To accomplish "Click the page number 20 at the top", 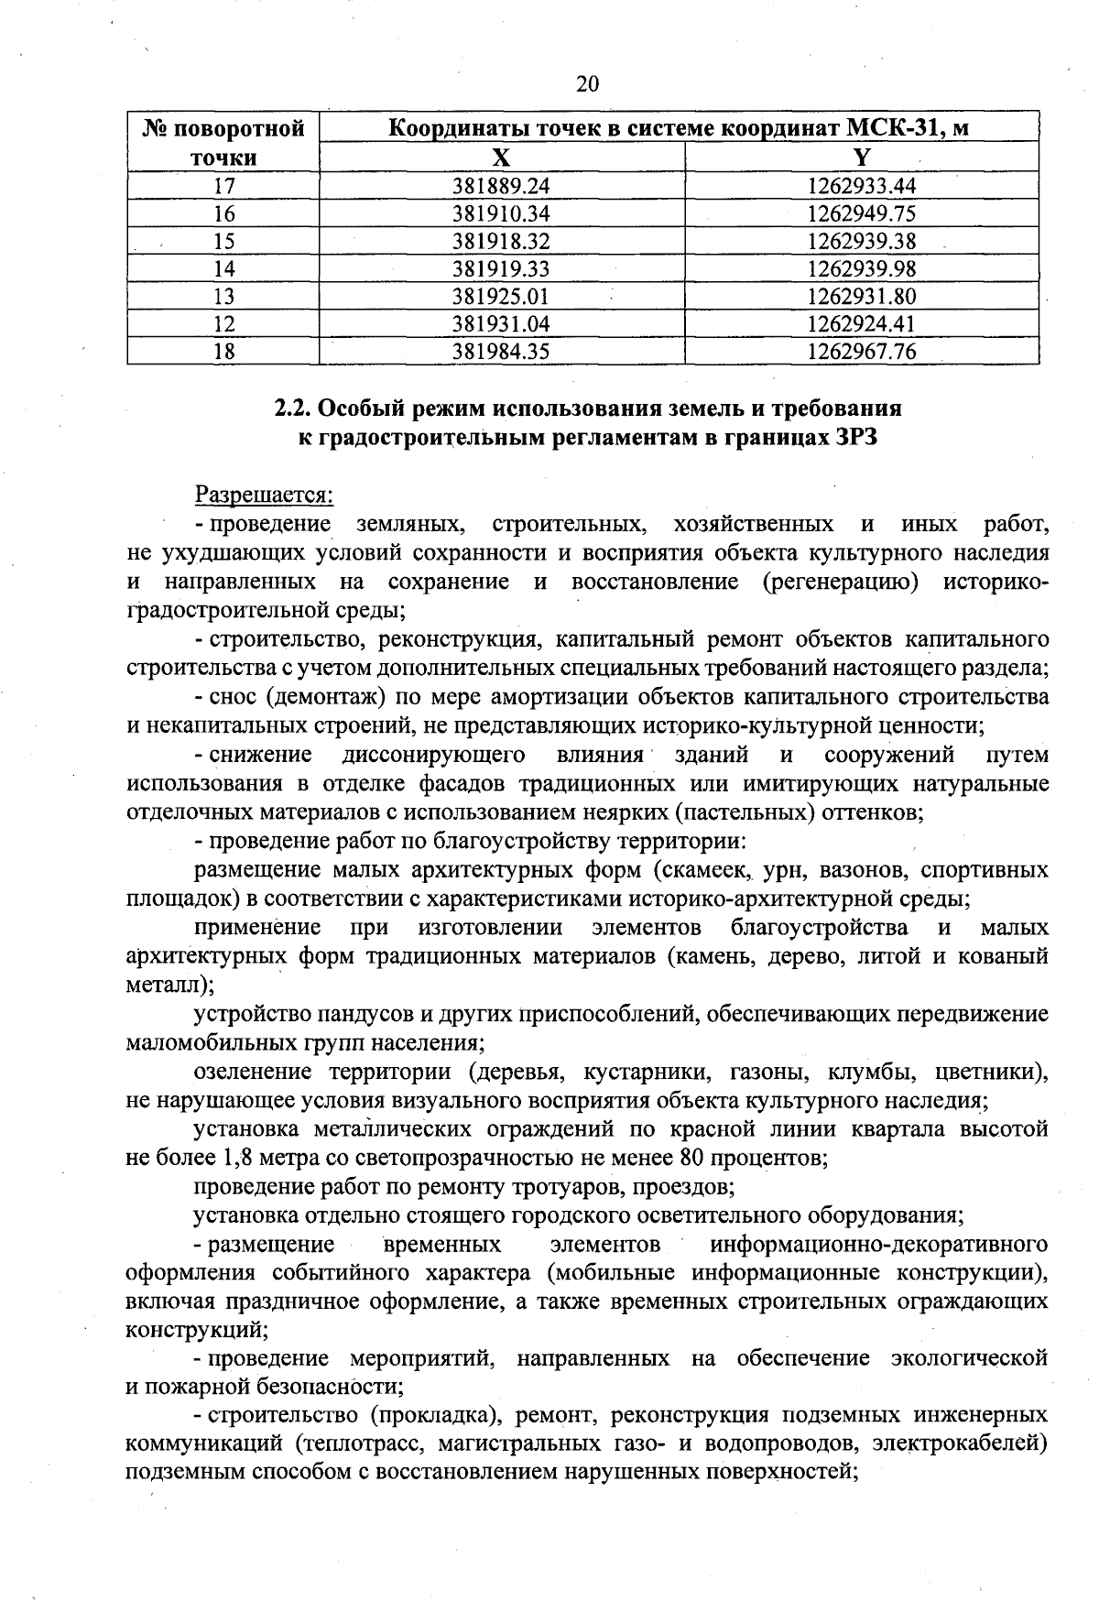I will pos(587,84).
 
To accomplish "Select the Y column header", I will pos(861,158).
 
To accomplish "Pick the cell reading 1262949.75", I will pos(861,213).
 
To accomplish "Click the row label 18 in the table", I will pos(223,352).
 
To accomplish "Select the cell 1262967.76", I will pos(861,352).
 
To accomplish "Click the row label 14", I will pos(223,268).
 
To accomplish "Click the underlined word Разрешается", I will pos(265,496).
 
